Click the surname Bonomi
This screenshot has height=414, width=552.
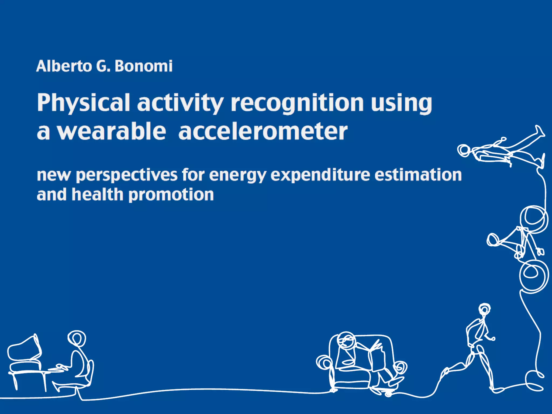pos(143,66)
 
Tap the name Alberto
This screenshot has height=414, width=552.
pos(64,66)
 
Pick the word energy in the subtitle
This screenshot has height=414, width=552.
pos(238,175)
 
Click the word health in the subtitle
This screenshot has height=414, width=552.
pos(97,195)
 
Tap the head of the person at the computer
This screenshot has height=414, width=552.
pos(77,338)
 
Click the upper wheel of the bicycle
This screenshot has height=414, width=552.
pos(534,219)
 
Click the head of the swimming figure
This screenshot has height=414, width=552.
pos(464,150)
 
